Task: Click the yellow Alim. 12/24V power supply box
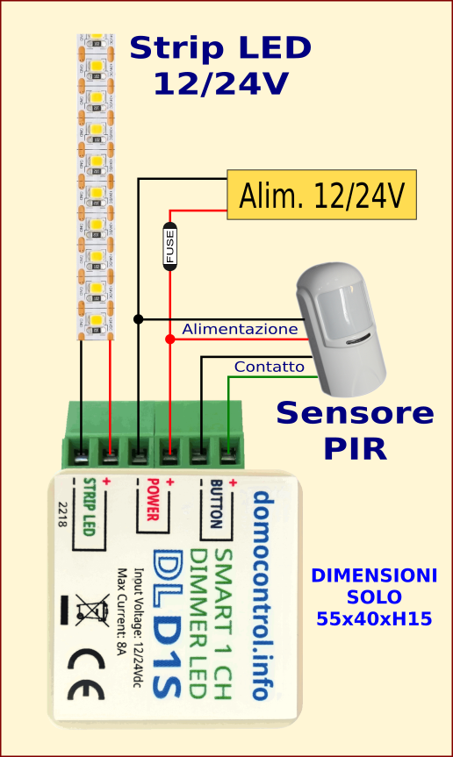tap(321, 195)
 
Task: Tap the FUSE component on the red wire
tap(169, 246)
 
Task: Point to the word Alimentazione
tap(240, 329)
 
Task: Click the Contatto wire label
tap(269, 367)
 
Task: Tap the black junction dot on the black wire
tap(138, 318)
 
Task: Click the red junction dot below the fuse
tap(169, 339)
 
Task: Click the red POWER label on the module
tap(151, 502)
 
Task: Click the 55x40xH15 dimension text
tap(374, 618)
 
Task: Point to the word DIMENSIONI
tap(374, 576)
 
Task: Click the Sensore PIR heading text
tap(355, 429)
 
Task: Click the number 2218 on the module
tap(61, 516)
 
